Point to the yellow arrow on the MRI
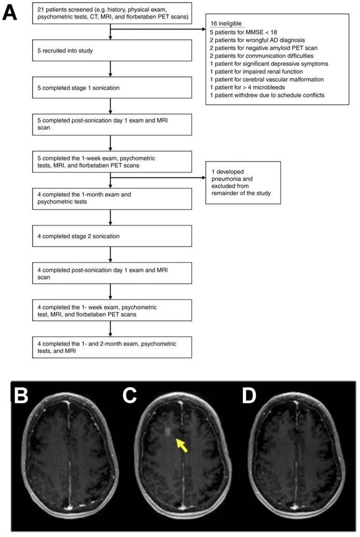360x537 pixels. (x=181, y=445)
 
